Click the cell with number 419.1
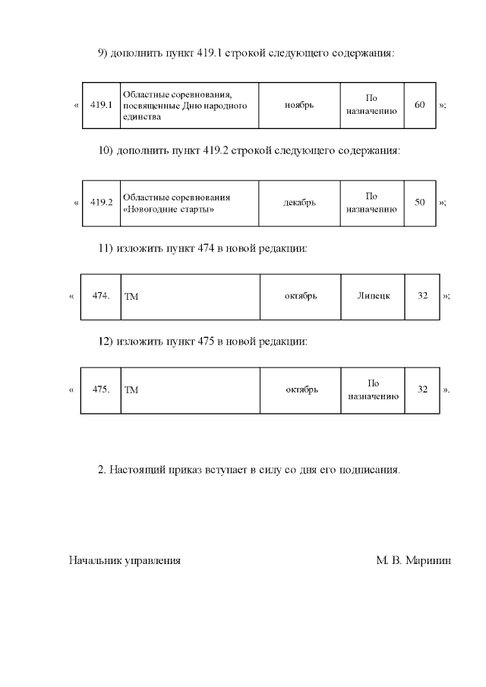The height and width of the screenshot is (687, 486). click(101, 105)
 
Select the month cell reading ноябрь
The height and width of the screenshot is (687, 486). click(299, 105)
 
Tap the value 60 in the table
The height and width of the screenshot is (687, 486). click(420, 105)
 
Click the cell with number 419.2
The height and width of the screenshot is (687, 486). click(101, 203)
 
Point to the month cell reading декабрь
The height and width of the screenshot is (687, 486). click(299, 203)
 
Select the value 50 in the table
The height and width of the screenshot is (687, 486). click(420, 203)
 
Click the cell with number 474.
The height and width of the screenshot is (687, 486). click(101, 295)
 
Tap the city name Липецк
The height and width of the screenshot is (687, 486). click(374, 295)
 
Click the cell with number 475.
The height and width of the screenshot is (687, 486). click(101, 389)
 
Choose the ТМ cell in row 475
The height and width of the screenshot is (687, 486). click(131, 390)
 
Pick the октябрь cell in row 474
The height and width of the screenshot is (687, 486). click(301, 295)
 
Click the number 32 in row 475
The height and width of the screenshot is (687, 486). click(423, 389)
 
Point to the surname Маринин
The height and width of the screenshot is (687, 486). click(428, 561)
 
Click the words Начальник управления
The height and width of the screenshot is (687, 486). click(125, 561)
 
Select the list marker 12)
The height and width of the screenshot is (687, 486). click(106, 342)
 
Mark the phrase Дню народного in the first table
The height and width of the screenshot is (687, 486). click(219, 106)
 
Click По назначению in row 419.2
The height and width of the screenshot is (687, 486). click(372, 203)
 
